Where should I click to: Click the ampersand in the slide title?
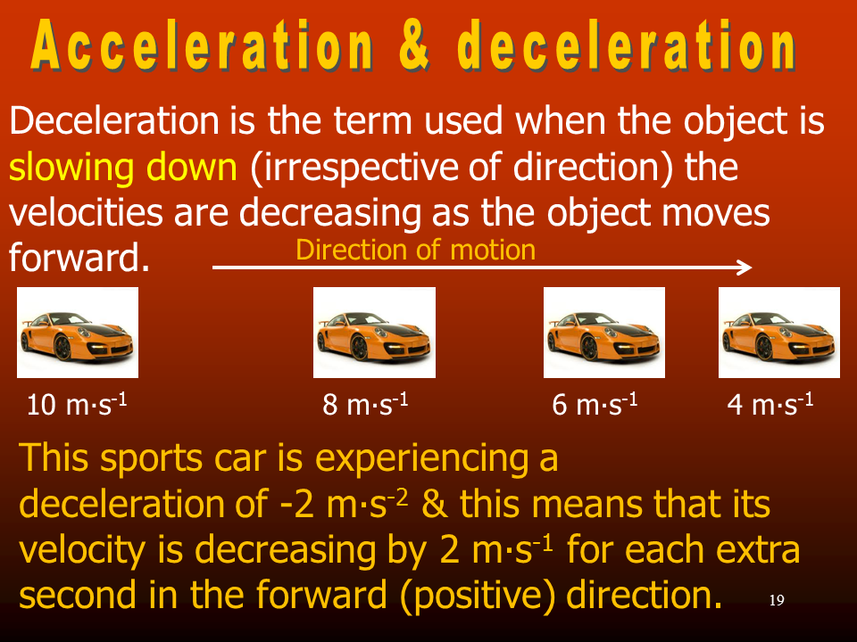pyautogui.click(x=415, y=45)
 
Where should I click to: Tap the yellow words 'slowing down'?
pyautogui.click(x=123, y=167)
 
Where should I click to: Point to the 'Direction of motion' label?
pyautogui.click(x=415, y=250)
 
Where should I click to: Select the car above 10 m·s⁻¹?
pyautogui.click(x=78, y=333)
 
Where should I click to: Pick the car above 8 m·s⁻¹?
pyautogui.click(x=374, y=333)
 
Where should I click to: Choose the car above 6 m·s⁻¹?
pyautogui.click(x=604, y=333)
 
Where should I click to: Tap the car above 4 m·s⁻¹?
pyautogui.click(x=778, y=333)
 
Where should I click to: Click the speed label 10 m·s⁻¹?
pyautogui.click(x=77, y=405)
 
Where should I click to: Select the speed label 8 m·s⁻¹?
pyautogui.click(x=366, y=405)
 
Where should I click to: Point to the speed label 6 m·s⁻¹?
pyautogui.click(x=595, y=405)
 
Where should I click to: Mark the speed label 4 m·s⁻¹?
pyautogui.click(x=770, y=405)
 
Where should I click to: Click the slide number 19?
pyautogui.click(x=777, y=600)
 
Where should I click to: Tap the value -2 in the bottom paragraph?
pyautogui.click(x=296, y=504)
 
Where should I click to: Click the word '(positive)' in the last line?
pyautogui.click(x=484, y=596)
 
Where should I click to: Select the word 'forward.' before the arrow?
pyautogui.click(x=79, y=257)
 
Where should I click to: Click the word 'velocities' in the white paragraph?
pyautogui.click(x=86, y=212)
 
